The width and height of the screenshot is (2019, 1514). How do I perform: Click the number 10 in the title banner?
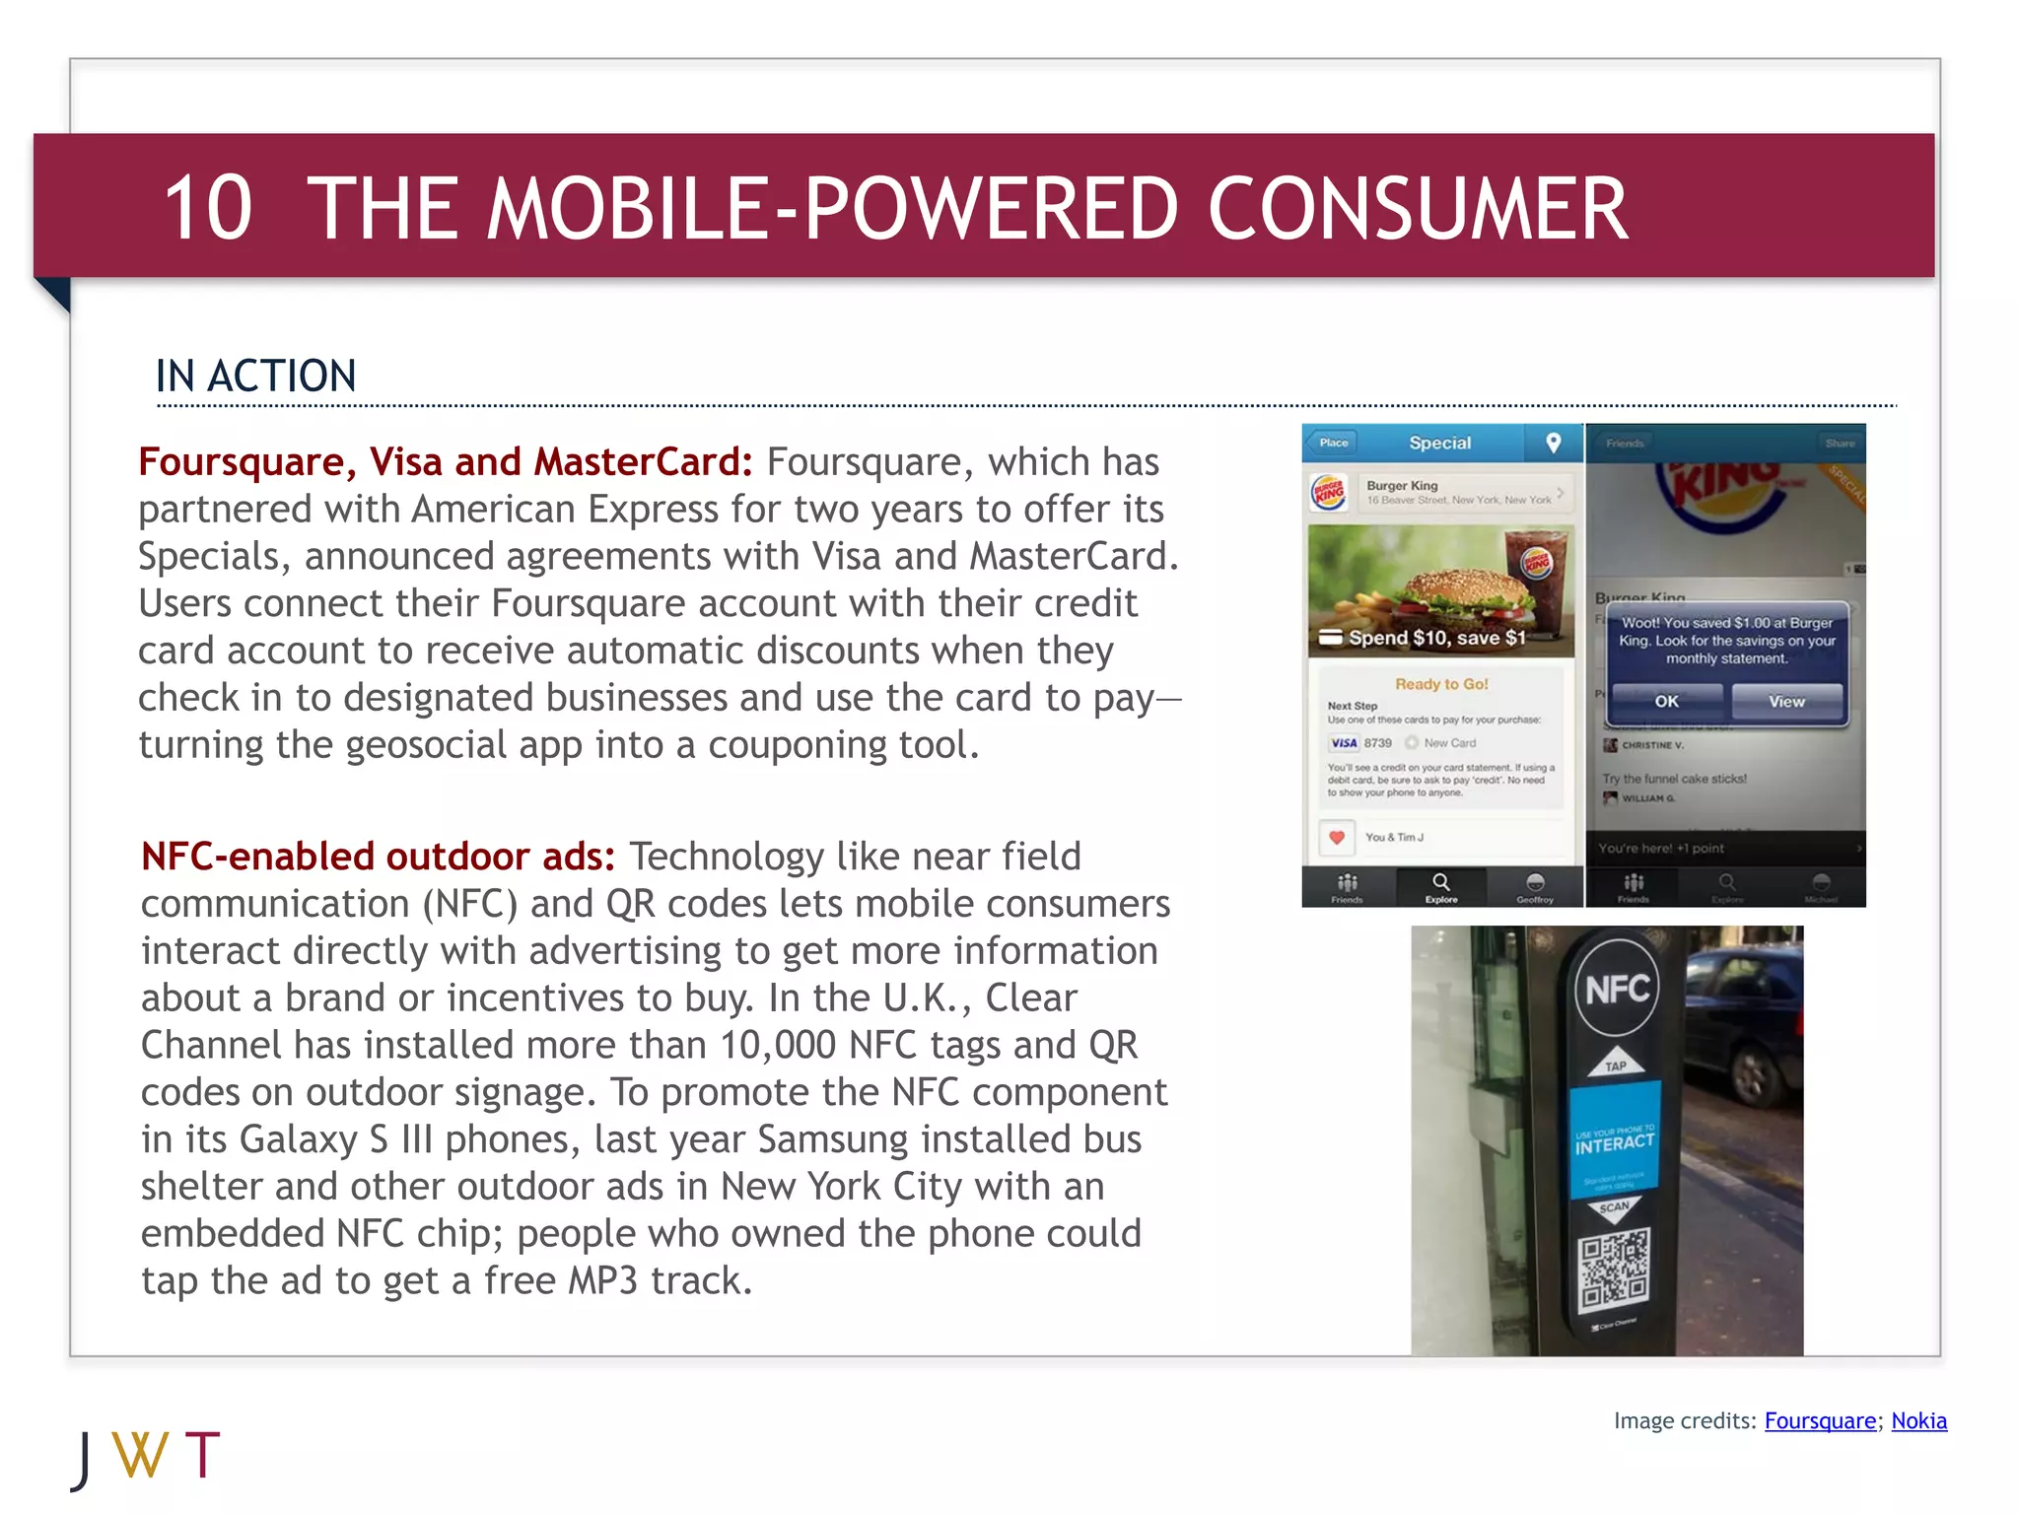pos(208,208)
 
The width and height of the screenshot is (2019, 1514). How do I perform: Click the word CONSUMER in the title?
pos(1418,208)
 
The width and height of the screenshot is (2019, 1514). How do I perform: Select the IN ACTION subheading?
pos(255,377)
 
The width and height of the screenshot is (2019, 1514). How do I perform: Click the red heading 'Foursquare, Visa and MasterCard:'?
pos(445,462)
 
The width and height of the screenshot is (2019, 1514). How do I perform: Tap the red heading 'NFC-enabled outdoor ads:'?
pos(378,857)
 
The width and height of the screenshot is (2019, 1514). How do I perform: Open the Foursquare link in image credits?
pos(1819,1420)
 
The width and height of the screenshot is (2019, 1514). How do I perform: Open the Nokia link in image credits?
pos(1918,1420)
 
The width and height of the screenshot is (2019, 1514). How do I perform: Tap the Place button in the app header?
pos(1333,443)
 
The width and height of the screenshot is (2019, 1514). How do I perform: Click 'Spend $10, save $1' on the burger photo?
pos(1435,638)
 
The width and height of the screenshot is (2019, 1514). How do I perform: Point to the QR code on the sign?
pos(1614,1271)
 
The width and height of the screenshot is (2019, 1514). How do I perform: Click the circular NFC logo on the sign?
pos(1616,988)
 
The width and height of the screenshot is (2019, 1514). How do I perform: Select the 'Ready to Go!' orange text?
pos(1440,684)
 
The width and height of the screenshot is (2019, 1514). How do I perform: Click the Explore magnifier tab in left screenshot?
pos(1440,886)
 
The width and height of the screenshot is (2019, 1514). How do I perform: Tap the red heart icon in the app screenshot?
pos(1337,838)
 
